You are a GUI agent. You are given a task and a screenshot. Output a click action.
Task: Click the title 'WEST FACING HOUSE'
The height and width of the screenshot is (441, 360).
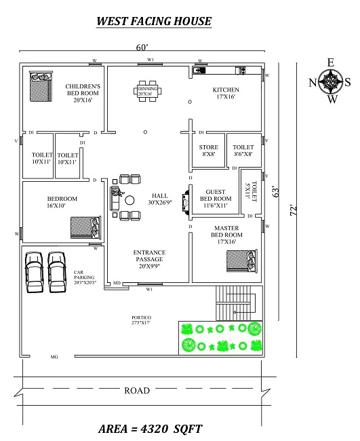[x=154, y=20]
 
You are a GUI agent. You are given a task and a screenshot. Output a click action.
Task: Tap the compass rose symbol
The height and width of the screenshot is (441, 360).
[x=331, y=83]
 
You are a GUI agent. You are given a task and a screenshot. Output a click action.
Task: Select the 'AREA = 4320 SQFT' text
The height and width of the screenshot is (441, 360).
[x=151, y=429]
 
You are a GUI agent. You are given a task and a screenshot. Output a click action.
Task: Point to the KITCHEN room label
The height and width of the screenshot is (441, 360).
[x=226, y=93]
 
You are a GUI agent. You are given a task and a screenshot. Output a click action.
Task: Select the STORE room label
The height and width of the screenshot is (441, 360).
[x=208, y=151]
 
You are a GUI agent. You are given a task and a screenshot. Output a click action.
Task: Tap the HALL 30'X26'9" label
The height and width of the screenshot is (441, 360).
[x=160, y=198]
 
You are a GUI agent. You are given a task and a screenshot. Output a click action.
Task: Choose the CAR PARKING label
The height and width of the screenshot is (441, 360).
[x=85, y=277]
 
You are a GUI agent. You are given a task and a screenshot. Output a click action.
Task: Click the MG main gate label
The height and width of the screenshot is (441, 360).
[x=54, y=356]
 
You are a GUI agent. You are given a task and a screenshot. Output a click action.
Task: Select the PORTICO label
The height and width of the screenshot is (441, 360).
[x=141, y=320]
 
